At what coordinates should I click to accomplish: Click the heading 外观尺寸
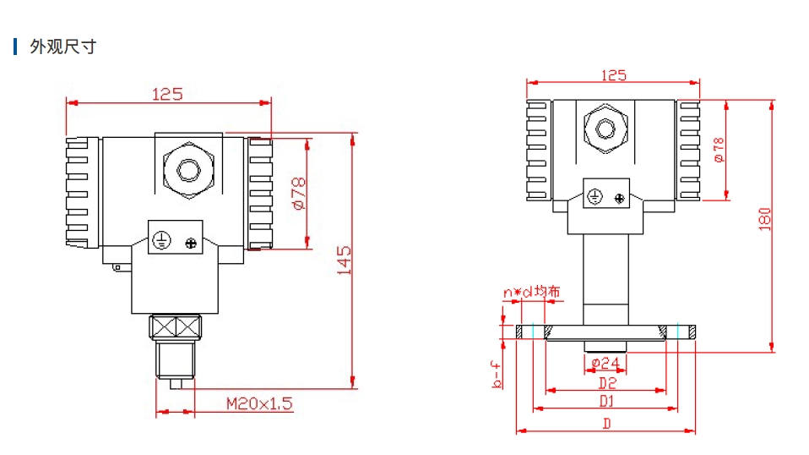62,47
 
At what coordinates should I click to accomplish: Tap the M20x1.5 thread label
258,403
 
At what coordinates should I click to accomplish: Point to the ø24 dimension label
605,364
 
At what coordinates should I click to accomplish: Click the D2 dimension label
605,382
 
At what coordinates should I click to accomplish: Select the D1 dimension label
605,400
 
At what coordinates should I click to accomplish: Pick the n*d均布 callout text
531,293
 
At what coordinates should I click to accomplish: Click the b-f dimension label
498,375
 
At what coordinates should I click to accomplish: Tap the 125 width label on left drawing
167,94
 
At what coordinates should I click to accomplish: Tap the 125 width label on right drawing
614,75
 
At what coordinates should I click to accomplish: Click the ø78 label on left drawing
298,194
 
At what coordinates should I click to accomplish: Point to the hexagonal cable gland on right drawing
605,129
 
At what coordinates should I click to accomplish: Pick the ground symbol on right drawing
595,198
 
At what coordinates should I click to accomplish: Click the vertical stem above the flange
605,279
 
